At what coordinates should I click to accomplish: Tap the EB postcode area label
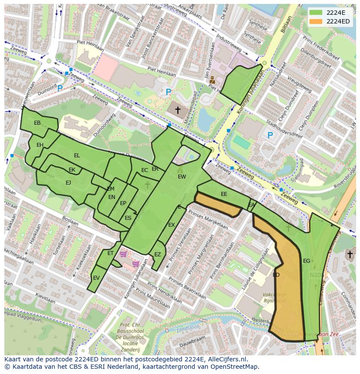37,123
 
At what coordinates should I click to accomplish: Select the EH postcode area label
40,145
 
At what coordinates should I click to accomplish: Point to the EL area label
77,156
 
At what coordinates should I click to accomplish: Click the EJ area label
68,183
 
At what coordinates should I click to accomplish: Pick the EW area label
182,177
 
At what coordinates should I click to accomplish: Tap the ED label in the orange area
276,275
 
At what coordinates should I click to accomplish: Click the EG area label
307,261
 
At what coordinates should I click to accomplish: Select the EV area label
97,278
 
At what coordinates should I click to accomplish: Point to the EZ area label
157,255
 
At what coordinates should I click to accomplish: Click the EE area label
224,194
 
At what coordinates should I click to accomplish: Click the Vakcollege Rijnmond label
274,298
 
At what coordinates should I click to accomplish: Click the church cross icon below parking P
177,110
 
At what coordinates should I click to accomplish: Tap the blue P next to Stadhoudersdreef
270,136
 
